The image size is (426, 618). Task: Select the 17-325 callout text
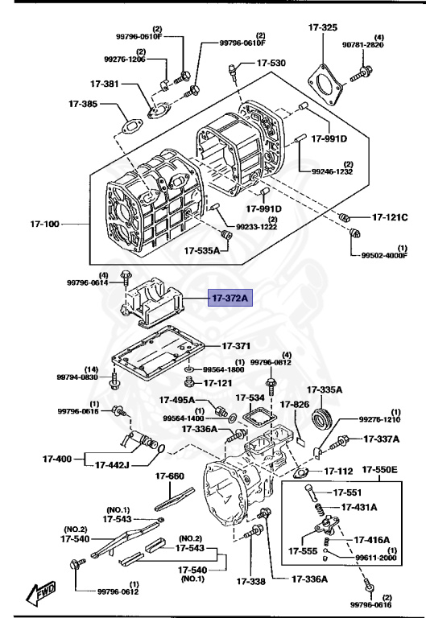(323, 28)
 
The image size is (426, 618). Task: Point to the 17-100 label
(46, 223)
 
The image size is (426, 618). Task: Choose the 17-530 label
(271, 63)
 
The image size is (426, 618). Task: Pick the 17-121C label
(390, 217)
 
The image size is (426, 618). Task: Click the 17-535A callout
(201, 250)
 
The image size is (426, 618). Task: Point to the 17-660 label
(170, 476)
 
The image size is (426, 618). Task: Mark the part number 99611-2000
(376, 557)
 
